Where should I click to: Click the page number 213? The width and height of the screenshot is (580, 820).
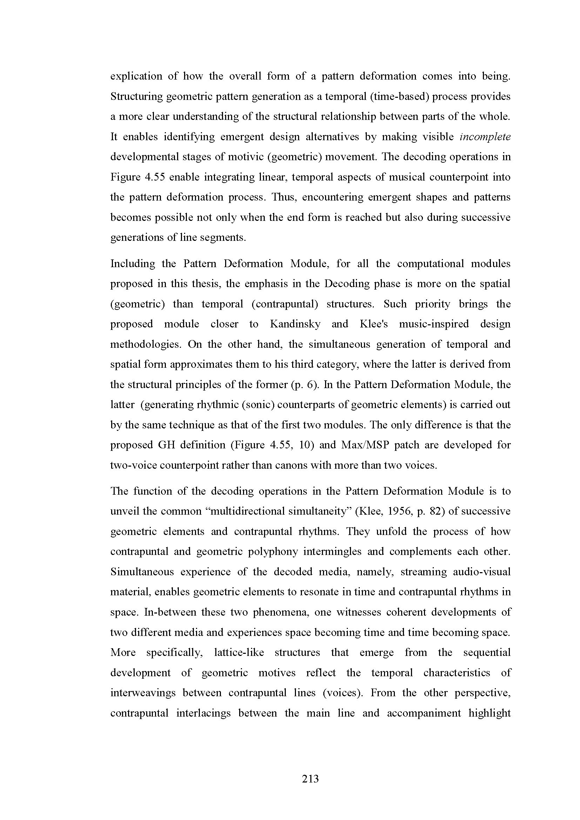(310, 778)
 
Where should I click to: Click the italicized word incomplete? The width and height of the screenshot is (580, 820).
(485, 137)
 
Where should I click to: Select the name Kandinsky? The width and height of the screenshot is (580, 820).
(295, 324)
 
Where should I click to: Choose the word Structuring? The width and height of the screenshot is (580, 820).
(136, 96)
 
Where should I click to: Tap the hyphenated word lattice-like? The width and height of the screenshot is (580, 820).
(239, 652)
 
